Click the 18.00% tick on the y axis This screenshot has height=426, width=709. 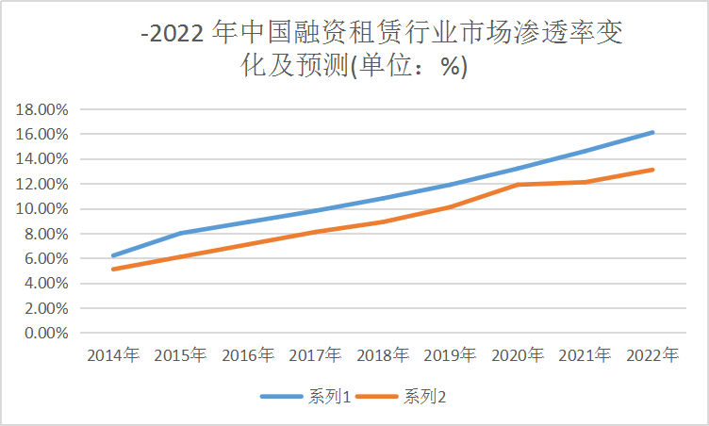41,109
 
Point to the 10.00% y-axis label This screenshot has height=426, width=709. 41,209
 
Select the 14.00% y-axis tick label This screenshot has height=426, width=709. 41,159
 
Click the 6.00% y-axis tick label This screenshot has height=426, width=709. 44,258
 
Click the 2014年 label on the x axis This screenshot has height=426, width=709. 113,356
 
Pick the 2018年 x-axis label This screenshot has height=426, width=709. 383,356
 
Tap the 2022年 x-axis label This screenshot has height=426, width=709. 652,356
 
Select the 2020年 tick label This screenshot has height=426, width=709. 518,356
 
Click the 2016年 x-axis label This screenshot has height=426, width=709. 248,356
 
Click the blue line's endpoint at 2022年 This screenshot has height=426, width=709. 652,133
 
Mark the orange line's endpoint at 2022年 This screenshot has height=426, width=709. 652,170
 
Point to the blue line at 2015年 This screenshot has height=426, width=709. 181,233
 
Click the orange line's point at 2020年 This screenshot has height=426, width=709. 518,185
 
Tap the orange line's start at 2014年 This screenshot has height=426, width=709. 113,270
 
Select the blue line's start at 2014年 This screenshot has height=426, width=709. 113,255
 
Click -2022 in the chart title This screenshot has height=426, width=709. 175,37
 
